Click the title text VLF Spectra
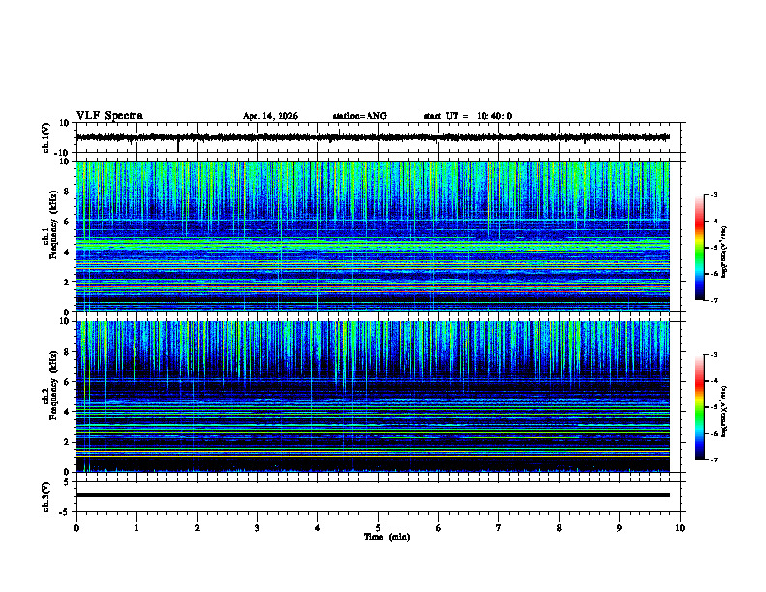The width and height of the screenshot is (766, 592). tap(109, 116)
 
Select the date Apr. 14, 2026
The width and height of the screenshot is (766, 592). tap(270, 116)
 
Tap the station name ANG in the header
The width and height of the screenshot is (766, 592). tap(359, 116)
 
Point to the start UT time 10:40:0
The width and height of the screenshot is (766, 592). tap(467, 116)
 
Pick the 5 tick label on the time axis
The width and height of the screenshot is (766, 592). tap(378, 528)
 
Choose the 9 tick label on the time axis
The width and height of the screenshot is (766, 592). tap(620, 528)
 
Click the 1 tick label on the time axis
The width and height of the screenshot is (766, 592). tap(136, 528)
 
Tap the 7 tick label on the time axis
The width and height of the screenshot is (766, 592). tap(499, 528)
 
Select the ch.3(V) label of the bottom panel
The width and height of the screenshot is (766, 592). tap(45, 495)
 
